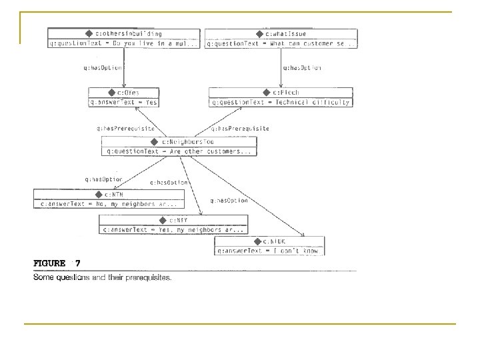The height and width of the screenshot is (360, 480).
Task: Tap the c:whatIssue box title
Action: (281, 33)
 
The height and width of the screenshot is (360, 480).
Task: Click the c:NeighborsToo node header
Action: (177, 142)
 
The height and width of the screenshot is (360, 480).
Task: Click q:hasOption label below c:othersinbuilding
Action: (103, 67)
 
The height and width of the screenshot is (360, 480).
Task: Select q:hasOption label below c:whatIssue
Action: (302, 67)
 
